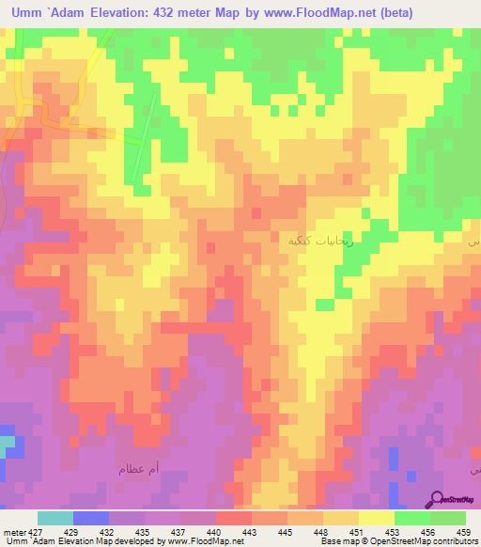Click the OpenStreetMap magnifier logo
[x=436, y=498]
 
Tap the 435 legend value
[x=145, y=533]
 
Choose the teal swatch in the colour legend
[x=55, y=519]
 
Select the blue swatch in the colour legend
[x=91, y=519]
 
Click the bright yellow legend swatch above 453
[x=376, y=519]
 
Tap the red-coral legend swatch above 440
[x=233, y=519]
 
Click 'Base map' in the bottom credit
[x=336, y=541]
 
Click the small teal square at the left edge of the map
[x=7, y=442]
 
